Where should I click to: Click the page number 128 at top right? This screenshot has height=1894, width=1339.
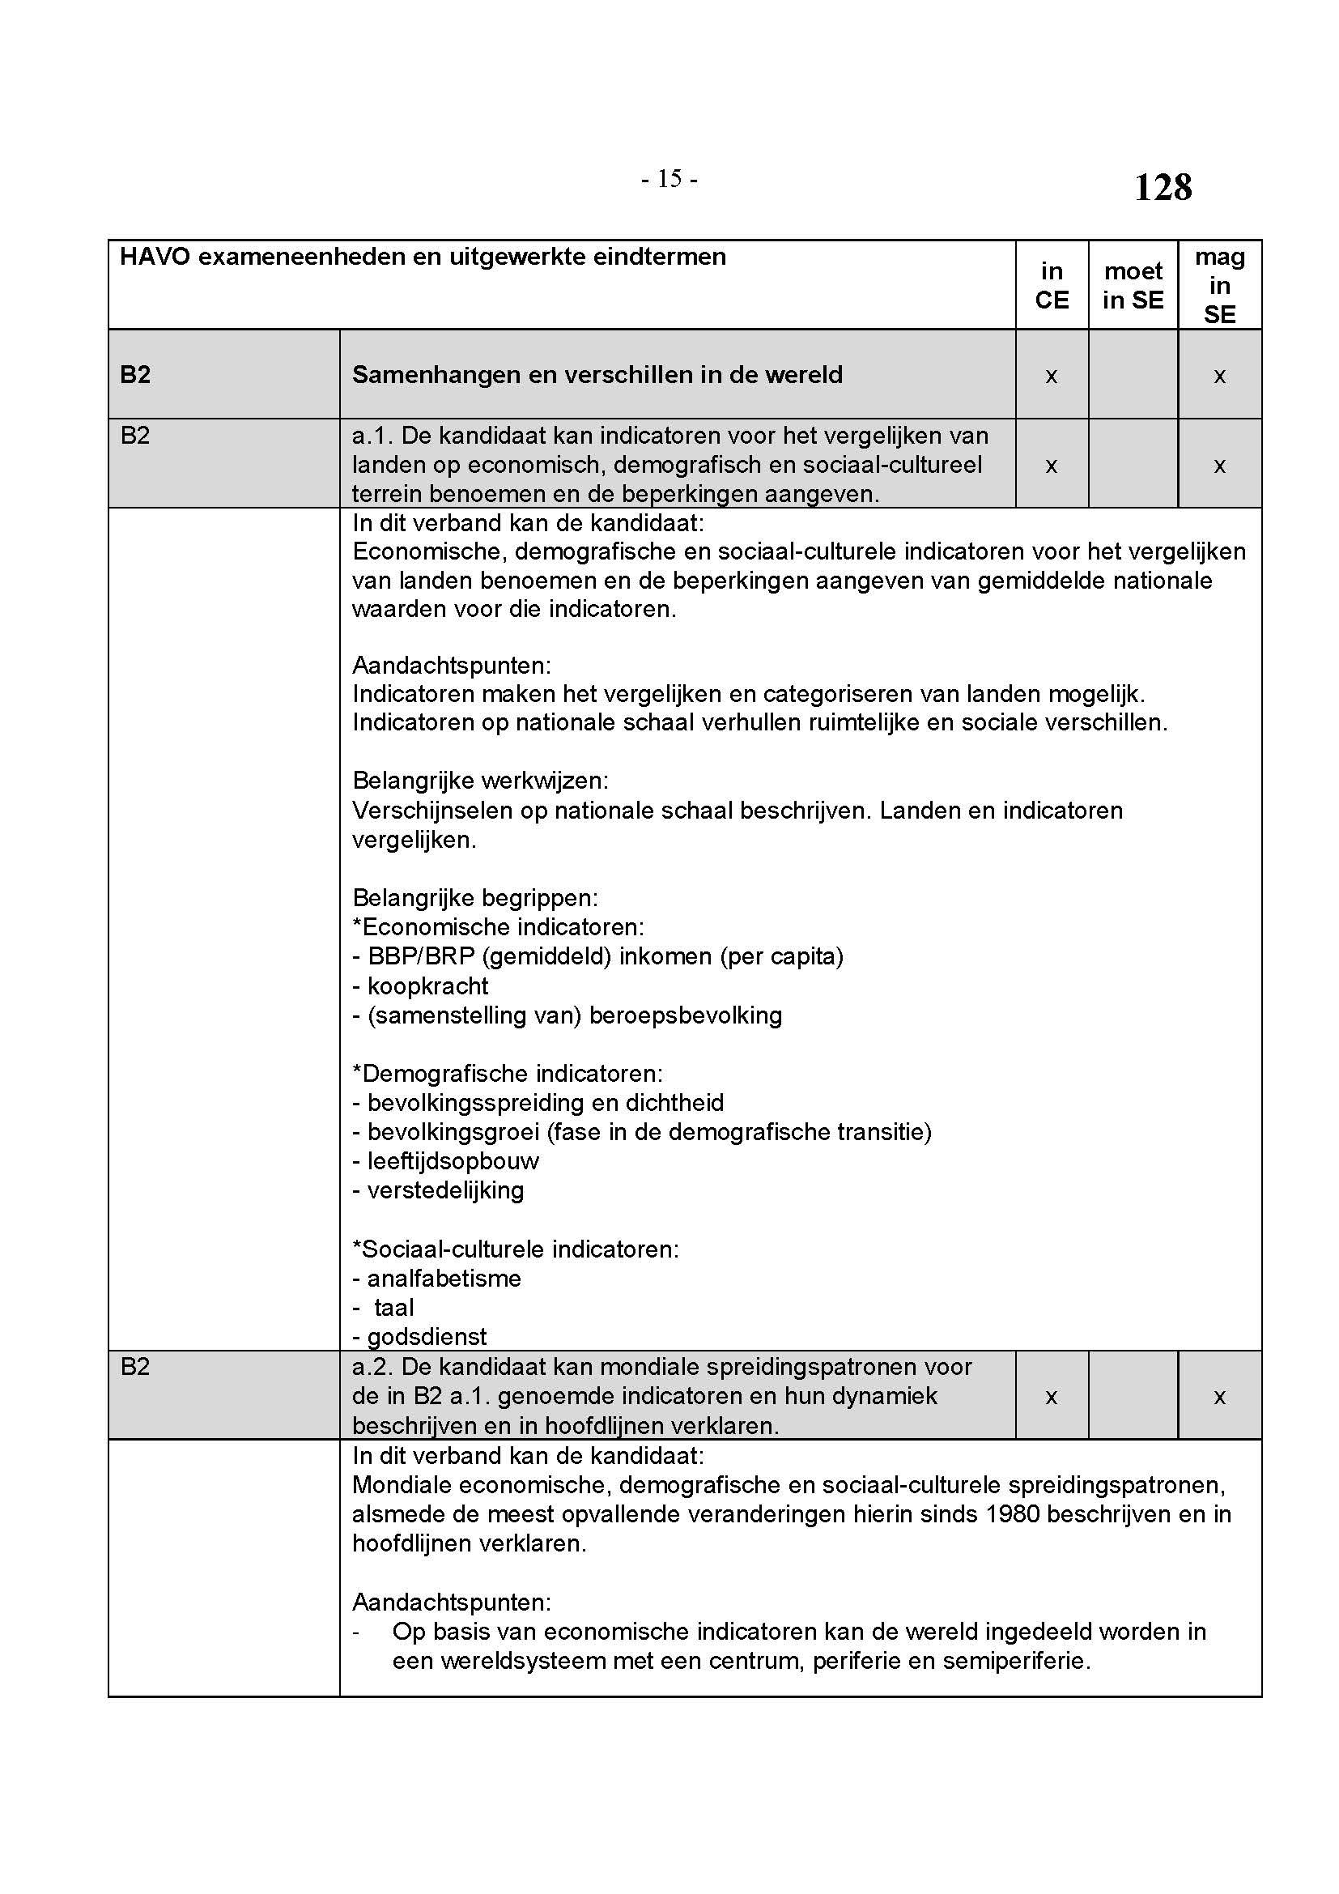[1163, 187]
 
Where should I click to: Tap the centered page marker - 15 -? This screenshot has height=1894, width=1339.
[669, 179]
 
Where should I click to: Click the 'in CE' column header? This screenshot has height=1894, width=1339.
[1052, 285]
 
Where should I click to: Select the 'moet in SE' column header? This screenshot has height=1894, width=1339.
[1133, 285]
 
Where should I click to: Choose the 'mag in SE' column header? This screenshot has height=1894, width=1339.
[1219, 285]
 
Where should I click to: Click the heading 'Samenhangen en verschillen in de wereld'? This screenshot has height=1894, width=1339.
[597, 375]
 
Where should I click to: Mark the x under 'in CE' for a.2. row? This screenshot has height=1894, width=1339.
[1052, 1397]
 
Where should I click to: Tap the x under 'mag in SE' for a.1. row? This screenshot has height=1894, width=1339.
[1219, 466]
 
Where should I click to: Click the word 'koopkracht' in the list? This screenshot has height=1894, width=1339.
[428, 985]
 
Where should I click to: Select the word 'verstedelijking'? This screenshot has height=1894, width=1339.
[445, 1190]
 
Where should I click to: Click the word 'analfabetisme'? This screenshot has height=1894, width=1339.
[444, 1278]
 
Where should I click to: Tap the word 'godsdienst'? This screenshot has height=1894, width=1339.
[427, 1336]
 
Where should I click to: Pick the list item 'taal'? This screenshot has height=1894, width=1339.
[393, 1308]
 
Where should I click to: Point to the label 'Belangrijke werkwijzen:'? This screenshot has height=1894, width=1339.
[480, 781]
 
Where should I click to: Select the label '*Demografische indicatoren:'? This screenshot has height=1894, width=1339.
[507, 1073]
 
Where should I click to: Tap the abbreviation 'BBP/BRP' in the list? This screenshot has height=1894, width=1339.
[420, 956]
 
